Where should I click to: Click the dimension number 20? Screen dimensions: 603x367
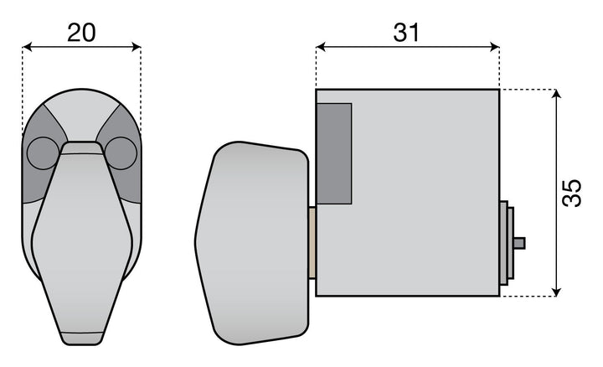[x=81, y=33]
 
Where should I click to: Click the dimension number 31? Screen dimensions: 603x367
[x=406, y=33]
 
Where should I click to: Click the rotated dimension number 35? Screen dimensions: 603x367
[x=571, y=193]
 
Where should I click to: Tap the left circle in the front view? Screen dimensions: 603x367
[x=43, y=153]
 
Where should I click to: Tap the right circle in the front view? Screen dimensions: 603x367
[x=121, y=153]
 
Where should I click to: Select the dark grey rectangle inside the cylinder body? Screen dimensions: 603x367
[x=334, y=153]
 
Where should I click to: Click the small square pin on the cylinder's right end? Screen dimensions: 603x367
[x=519, y=243]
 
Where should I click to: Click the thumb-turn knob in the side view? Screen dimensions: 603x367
[x=252, y=243]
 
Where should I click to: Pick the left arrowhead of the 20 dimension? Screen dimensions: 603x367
[x=28, y=47]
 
